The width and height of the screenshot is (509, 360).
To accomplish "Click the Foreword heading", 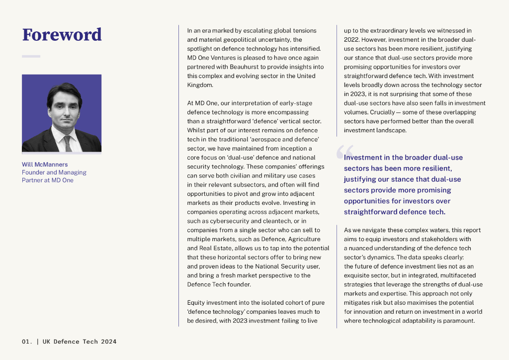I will click(x=62, y=35).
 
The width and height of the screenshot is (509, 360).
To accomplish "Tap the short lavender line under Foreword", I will click(x=31, y=56).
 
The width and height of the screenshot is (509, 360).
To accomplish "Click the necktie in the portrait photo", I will click(x=67, y=143).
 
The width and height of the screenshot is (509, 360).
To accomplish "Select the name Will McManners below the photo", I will click(x=45, y=165).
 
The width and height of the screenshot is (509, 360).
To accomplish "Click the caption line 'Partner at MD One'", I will click(x=47, y=180).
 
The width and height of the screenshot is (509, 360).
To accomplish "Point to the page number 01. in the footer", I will click(x=27, y=342).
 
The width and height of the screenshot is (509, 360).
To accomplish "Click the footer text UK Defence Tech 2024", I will click(x=80, y=342).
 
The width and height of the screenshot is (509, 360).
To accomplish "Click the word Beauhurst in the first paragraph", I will click(x=245, y=67).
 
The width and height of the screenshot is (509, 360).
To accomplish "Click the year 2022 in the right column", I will click(x=352, y=39).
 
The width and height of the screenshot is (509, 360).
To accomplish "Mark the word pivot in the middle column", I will click(x=237, y=193).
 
